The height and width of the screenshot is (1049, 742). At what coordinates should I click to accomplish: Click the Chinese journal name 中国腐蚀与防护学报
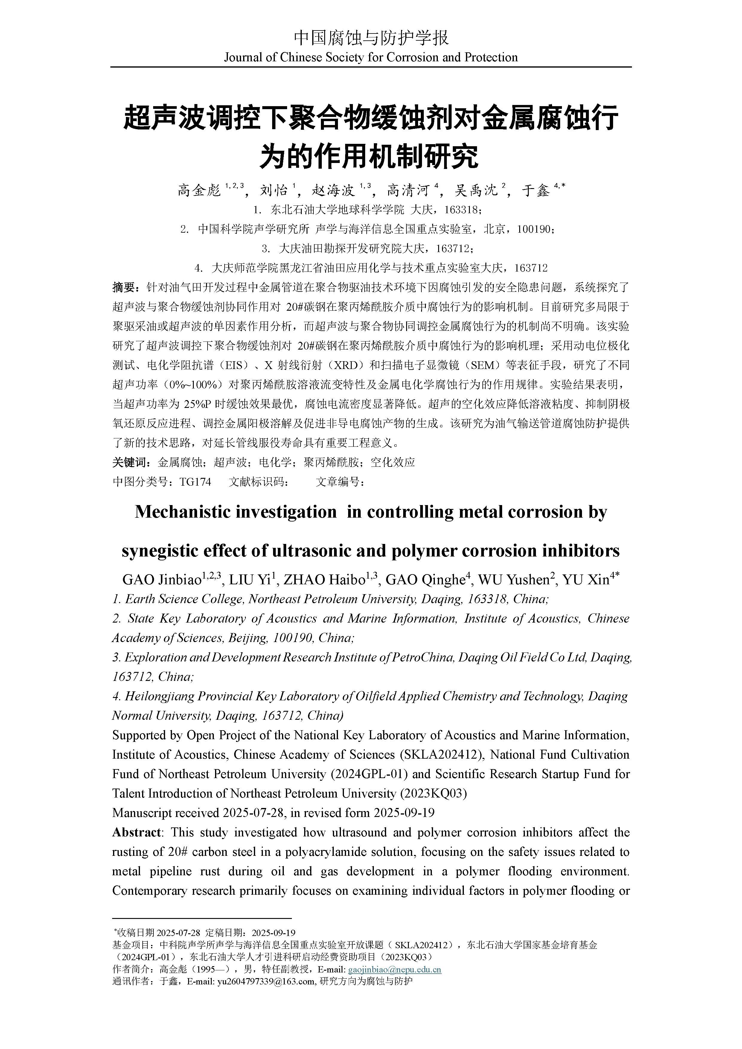[x=371, y=38]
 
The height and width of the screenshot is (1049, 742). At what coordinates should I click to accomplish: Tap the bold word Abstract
[x=136, y=833]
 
